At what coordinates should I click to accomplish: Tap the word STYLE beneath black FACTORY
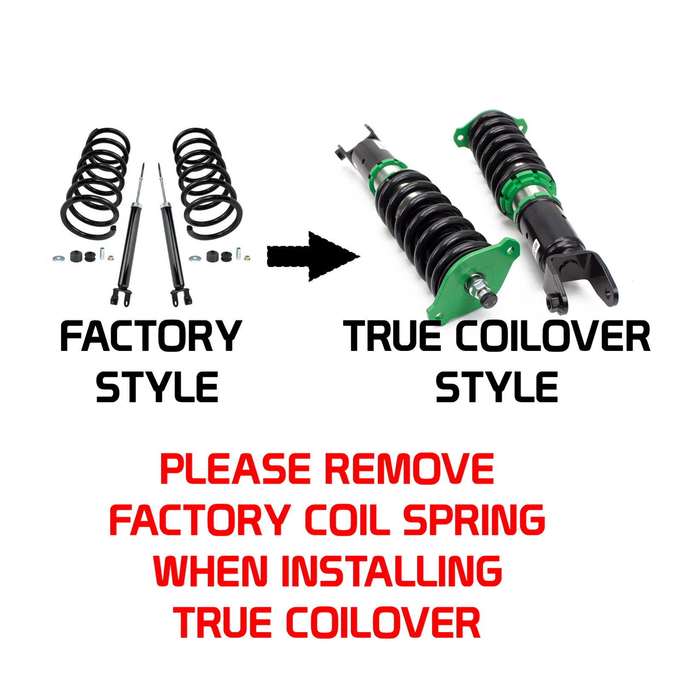(x=157, y=387)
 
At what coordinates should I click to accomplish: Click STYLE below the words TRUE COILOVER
(x=497, y=387)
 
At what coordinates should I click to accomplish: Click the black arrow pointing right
(x=313, y=257)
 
